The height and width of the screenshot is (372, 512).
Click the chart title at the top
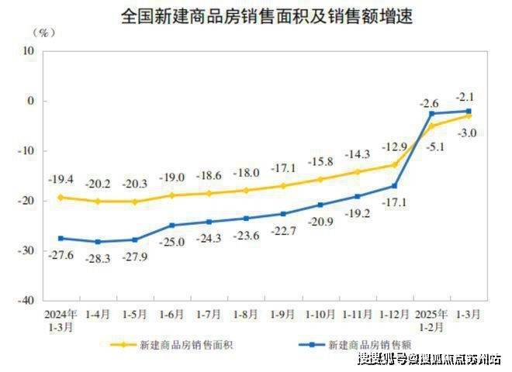pos(256,15)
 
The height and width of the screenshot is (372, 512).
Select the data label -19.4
pos(61,179)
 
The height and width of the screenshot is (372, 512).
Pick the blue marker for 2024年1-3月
pos(61,238)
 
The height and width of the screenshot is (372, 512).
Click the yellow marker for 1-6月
pos(172,195)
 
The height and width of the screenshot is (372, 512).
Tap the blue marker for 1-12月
pos(394,185)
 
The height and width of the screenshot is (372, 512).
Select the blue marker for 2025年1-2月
pos(431,113)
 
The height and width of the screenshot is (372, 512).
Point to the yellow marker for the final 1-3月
pos(469,115)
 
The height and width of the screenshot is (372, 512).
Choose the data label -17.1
pos(394,202)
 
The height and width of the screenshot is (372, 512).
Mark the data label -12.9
pos(394,146)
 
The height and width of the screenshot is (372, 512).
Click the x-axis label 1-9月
pos(283,315)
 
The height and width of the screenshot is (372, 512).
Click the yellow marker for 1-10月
pos(320,179)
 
